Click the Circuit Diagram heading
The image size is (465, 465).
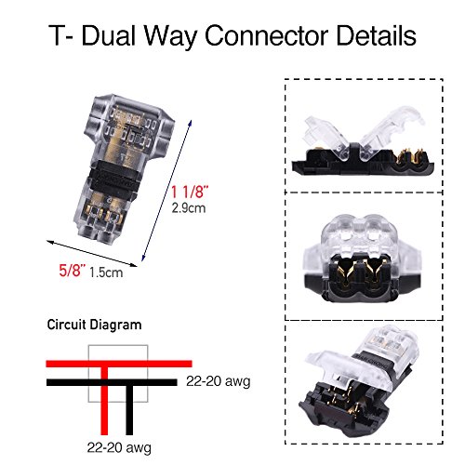pyautogui.click(x=94, y=325)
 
